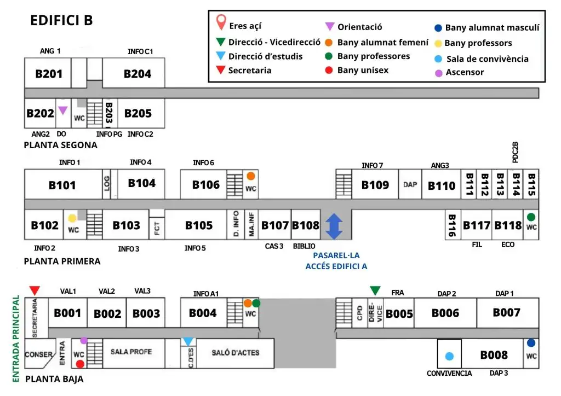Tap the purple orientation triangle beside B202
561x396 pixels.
point(63,110)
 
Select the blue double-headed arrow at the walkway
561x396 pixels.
point(334,226)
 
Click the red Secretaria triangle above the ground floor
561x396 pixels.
point(35,290)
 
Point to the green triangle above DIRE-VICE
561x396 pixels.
point(375,290)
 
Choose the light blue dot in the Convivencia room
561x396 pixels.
point(449,356)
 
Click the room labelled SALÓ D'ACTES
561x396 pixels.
point(236,353)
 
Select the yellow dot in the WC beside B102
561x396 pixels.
point(72,218)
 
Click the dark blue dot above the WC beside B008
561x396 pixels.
point(531,343)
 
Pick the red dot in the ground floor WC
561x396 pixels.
point(80,364)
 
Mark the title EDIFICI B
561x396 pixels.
point(61,20)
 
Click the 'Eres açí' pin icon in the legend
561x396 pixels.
point(221,22)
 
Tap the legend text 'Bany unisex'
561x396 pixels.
point(363,70)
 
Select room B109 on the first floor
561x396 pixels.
point(375,184)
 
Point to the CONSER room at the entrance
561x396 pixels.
point(39,354)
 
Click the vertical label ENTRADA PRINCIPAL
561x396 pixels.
point(16,339)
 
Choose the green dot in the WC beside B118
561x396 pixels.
point(531,217)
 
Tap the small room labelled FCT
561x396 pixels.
point(157,228)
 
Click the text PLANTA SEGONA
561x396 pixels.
point(60,145)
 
